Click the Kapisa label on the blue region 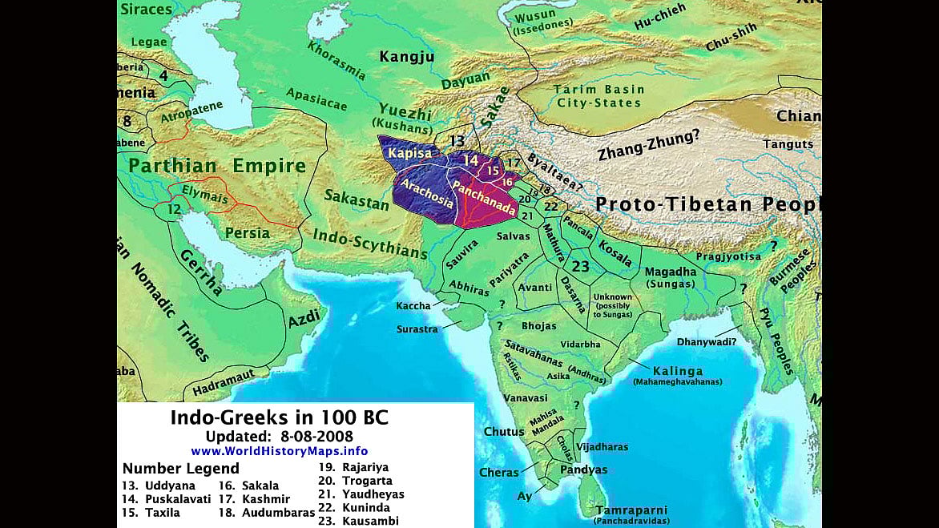pyautogui.click(x=409, y=152)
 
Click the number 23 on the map pyautogui.click(x=581, y=267)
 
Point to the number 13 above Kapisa pyautogui.click(x=457, y=141)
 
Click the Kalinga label pyautogui.click(x=677, y=371)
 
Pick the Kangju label pyautogui.click(x=406, y=57)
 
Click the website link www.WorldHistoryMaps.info pyautogui.click(x=279, y=451)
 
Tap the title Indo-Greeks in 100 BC pyautogui.click(x=279, y=417)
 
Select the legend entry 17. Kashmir pyautogui.click(x=256, y=499)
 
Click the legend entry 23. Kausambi pyautogui.click(x=359, y=521)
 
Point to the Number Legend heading pyautogui.click(x=180, y=469)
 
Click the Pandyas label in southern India pyautogui.click(x=582, y=470)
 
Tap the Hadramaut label pyautogui.click(x=224, y=385)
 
